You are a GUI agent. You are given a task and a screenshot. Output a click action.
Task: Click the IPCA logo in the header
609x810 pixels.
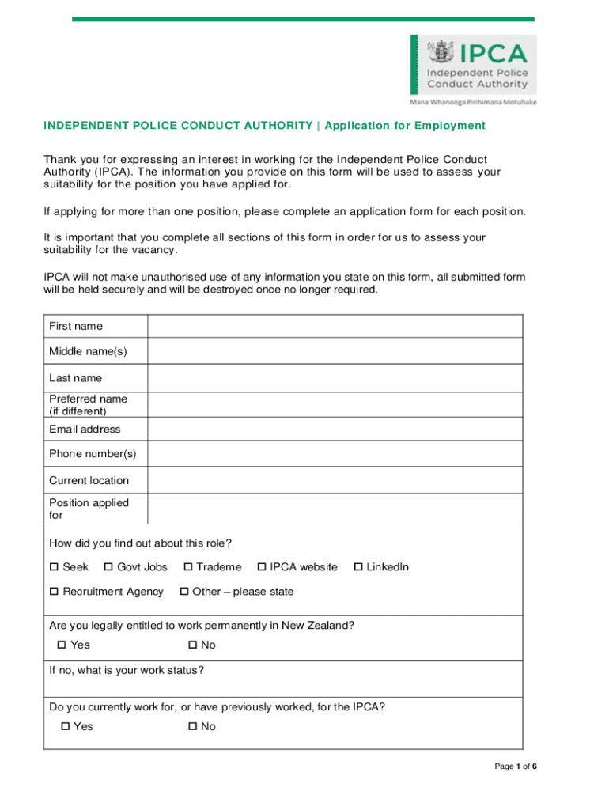[473, 66]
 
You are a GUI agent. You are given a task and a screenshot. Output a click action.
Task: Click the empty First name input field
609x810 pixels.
[335, 326]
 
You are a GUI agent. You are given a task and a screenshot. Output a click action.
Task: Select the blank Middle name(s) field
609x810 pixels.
[335, 351]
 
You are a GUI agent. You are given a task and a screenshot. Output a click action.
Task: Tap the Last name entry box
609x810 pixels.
[335, 378]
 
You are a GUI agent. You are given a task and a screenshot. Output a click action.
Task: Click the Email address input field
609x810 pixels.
[335, 429]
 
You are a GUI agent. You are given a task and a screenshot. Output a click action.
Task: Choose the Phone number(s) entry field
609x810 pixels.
[335, 454]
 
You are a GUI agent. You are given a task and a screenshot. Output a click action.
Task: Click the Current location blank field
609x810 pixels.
[335, 480]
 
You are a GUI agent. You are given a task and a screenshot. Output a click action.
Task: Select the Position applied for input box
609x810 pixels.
[335, 509]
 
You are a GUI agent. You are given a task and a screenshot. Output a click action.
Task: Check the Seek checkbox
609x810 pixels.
[55, 567]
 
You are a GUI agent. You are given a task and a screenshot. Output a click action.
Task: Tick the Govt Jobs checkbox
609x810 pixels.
[108, 567]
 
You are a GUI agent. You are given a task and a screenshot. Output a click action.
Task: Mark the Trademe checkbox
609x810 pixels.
[188, 567]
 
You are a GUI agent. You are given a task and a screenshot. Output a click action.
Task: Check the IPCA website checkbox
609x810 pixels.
[262, 567]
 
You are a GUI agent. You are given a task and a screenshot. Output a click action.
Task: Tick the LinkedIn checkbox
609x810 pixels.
[358, 567]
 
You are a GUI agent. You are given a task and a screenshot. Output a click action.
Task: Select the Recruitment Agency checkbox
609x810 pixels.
[55, 592]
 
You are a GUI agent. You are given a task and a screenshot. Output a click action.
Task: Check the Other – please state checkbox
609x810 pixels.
[184, 592]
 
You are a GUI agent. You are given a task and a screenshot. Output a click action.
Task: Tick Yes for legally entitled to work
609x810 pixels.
[62, 645]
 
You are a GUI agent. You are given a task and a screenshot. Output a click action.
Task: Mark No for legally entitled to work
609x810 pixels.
[193, 645]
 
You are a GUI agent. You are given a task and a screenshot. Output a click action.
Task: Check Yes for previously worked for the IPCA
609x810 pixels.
[65, 727]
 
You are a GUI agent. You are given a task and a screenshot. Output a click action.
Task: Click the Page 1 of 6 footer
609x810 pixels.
[516, 766]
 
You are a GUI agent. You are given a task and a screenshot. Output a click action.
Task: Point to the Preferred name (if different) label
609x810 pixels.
[88, 405]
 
